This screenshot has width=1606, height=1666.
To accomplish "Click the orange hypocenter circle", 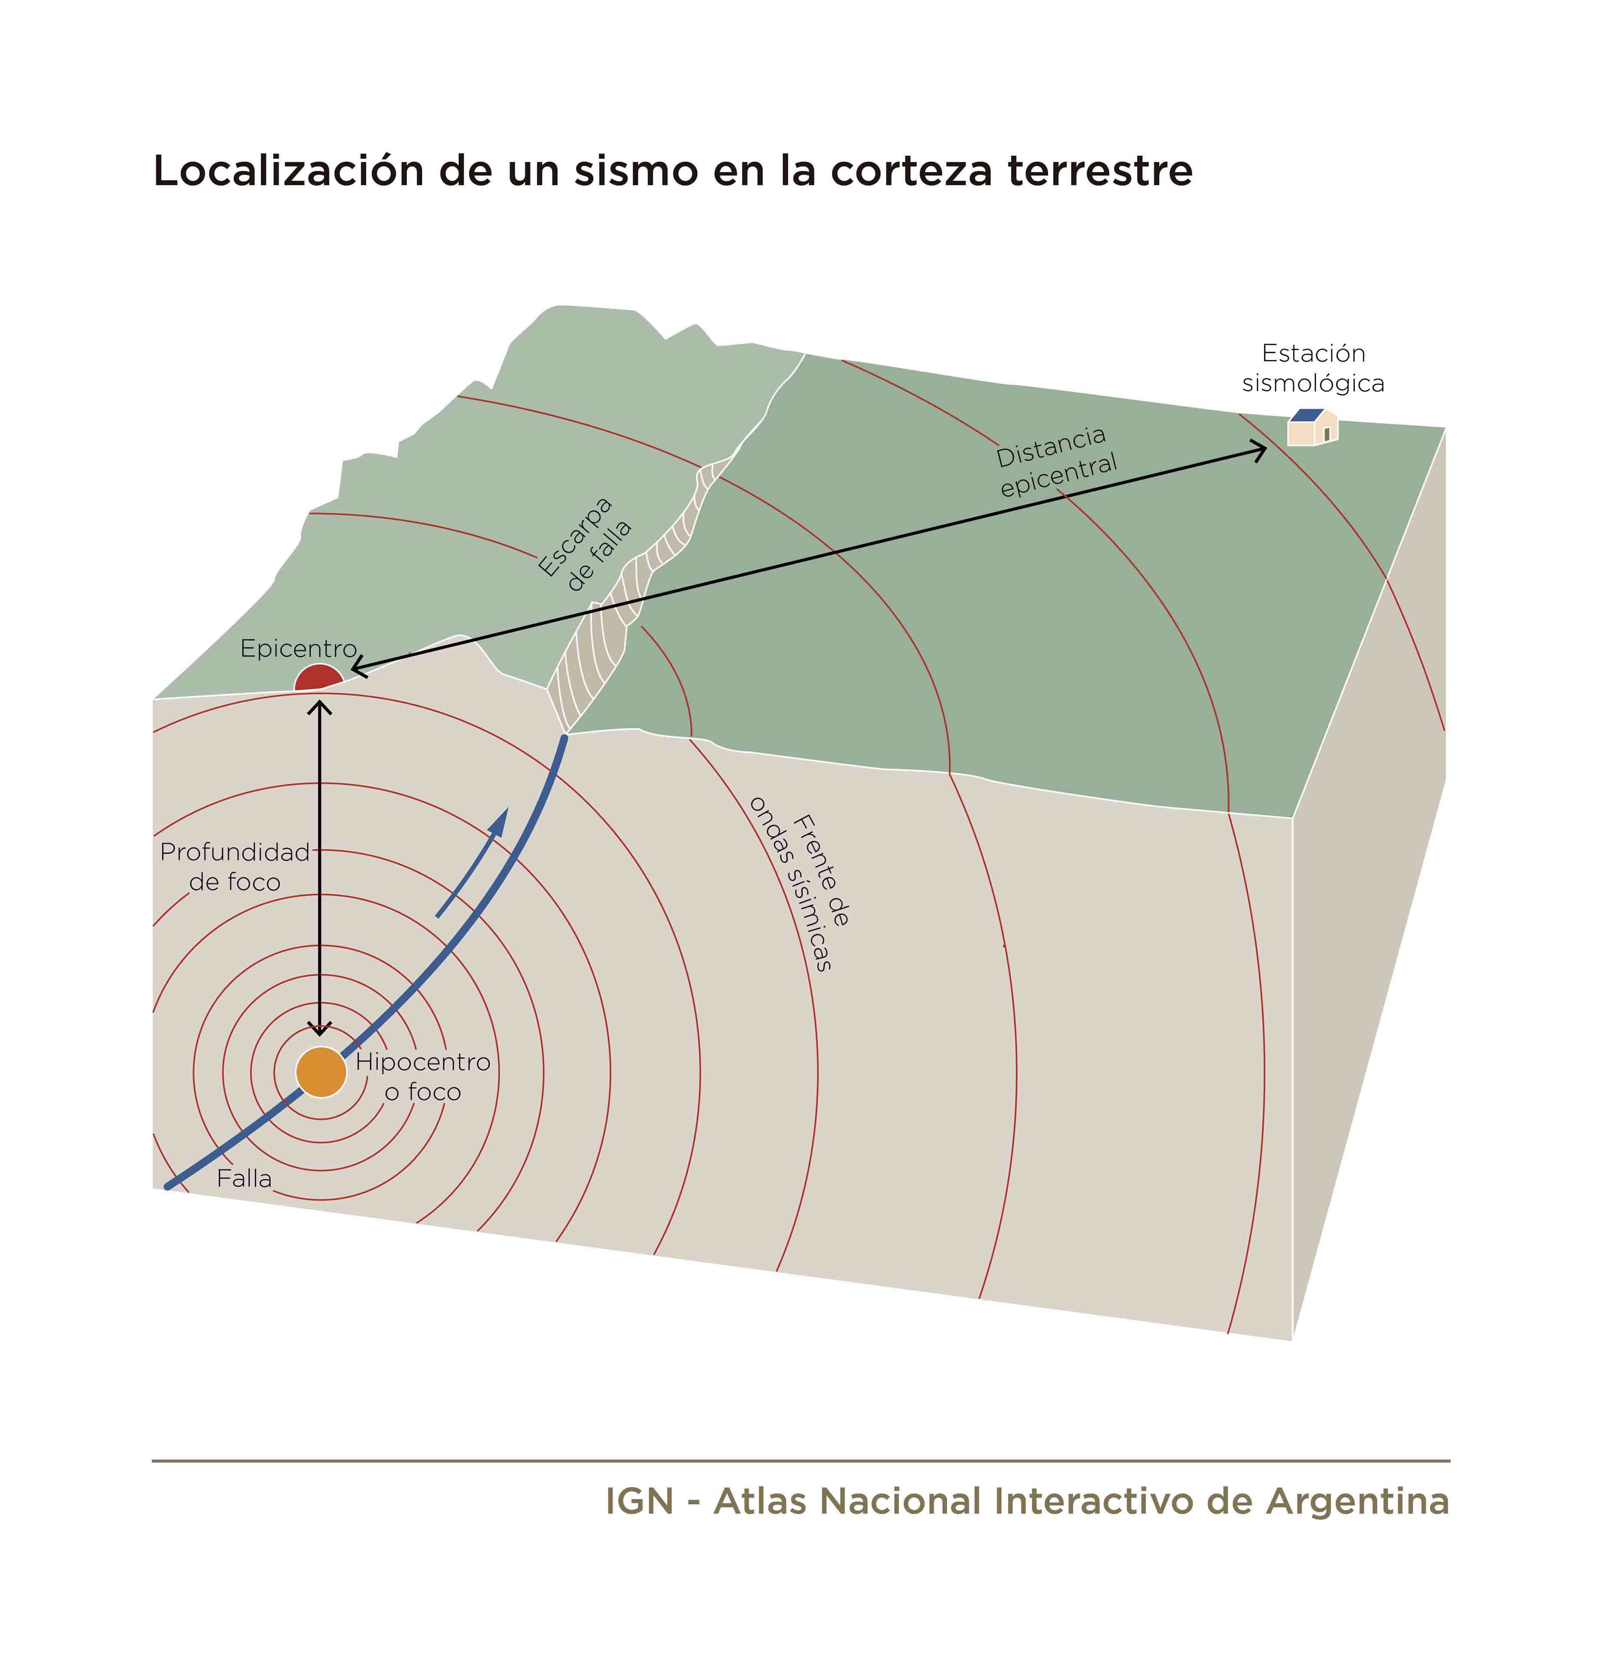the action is click(321, 1072).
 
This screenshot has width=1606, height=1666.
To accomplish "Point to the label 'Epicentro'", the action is click(298, 648).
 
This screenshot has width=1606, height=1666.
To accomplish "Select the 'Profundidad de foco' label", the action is click(235, 866).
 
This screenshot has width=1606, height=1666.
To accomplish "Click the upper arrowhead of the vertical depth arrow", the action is click(320, 707).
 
